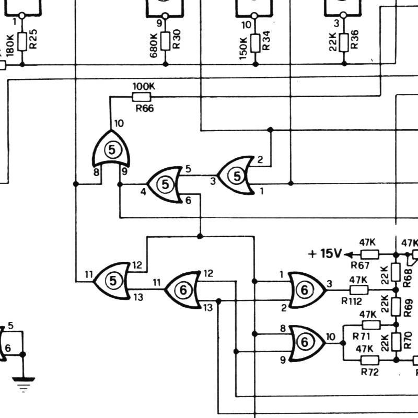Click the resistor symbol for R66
pyautogui.click(x=142, y=97)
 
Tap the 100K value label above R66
pyautogui.click(x=144, y=86)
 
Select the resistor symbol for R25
pyautogui.click(x=22, y=42)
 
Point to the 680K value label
pyautogui.click(x=154, y=45)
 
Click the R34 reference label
pyautogui.click(x=266, y=41)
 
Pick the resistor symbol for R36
pyautogui.click(x=344, y=43)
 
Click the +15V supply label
pyautogui.click(x=324, y=253)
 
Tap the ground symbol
pyautogui.click(x=24, y=384)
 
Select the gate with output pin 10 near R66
pyautogui.click(x=111, y=148)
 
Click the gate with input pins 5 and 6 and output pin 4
pyautogui.click(x=164, y=184)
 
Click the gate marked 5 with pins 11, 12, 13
pyautogui.click(x=112, y=281)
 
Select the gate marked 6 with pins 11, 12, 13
pyautogui.click(x=182, y=290)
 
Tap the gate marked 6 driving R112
pyautogui.click(x=307, y=290)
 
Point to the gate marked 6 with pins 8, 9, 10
pyautogui.click(x=307, y=343)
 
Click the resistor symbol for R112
pyautogui.click(x=359, y=290)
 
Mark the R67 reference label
pyautogui.click(x=360, y=265)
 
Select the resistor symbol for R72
pyautogui.click(x=370, y=360)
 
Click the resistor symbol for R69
pyautogui.click(x=396, y=307)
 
